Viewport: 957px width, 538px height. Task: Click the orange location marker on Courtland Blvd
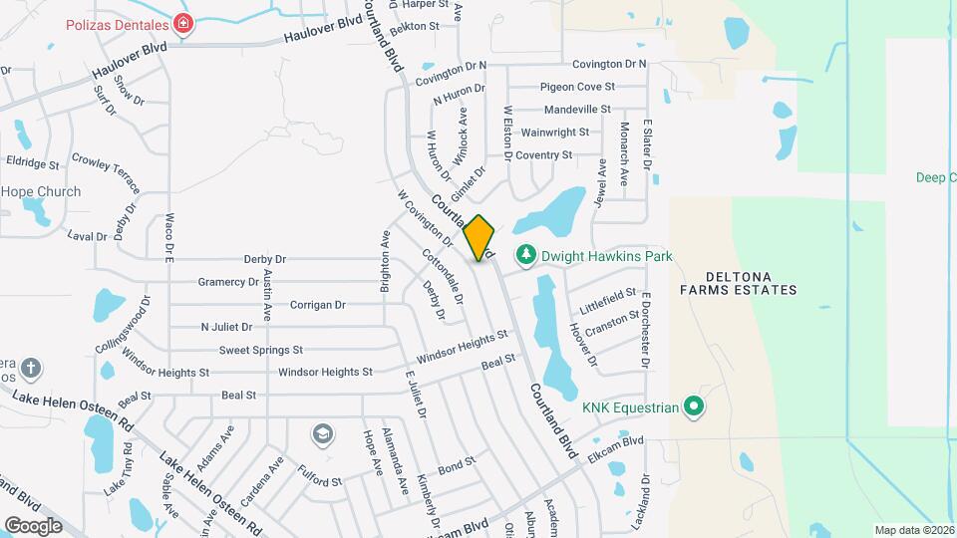[479, 238]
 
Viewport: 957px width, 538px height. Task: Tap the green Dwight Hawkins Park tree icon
[525, 257]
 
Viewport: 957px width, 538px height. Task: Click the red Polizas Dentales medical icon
[182, 23]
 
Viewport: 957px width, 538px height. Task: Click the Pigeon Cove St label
[577, 87]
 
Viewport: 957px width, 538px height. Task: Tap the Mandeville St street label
[577, 109]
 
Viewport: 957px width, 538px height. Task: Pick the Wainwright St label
[554, 132]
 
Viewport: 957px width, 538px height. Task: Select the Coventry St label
[543, 154]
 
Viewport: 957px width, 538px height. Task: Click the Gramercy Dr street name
[228, 282]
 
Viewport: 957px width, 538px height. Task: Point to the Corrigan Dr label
[317, 305]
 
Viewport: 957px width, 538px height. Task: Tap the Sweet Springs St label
[261, 350]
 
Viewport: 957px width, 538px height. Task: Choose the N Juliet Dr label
[228, 327]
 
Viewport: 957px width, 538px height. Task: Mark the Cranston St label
[613, 321]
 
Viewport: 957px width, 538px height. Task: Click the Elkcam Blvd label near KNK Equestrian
[617, 441]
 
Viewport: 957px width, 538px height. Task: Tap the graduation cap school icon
[321, 433]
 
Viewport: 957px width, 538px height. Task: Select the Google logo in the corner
[33, 525]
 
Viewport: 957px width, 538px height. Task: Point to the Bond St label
[457, 465]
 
